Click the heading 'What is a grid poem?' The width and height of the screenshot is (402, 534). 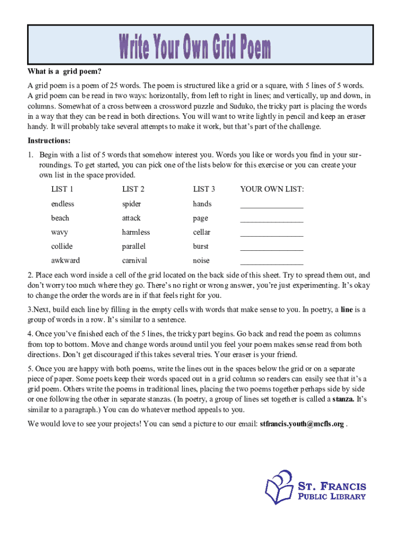(x=64, y=71)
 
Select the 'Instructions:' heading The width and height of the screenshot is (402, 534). (x=49, y=141)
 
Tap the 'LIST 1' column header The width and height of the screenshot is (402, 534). (x=62, y=189)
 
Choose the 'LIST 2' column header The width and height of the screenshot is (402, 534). (x=133, y=189)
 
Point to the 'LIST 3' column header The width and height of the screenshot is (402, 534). (x=204, y=189)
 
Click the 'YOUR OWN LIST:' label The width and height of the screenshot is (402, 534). (x=271, y=189)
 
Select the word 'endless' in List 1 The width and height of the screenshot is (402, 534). (x=63, y=204)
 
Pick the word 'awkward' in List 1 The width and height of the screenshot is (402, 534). (x=65, y=260)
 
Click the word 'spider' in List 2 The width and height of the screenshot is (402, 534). (x=132, y=204)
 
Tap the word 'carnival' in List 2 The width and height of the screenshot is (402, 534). (x=135, y=260)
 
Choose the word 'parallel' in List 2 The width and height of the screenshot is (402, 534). (x=134, y=246)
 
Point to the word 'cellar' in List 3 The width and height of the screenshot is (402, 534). (x=202, y=232)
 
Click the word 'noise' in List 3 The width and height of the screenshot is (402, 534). (x=201, y=260)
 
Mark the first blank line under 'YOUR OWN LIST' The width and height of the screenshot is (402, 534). (x=271, y=207)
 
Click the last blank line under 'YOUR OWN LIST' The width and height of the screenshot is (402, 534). (x=271, y=263)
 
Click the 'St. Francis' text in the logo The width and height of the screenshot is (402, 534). (x=332, y=486)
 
